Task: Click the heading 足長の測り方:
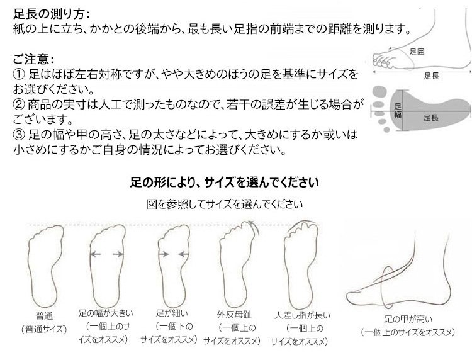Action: [x=52, y=14]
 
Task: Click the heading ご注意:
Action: [x=33, y=59]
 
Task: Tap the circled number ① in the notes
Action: [x=19, y=74]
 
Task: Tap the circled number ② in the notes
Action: [x=19, y=104]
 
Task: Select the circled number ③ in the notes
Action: [x=19, y=135]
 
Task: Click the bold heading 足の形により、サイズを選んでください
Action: [x=224, y=182]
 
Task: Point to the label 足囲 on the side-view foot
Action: [x=417, y=52]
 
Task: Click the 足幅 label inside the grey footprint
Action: [x=398, y=110]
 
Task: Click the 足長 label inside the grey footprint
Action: [x=430, y=118]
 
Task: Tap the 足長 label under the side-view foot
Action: [x=432, y=76]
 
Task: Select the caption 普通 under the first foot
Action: [x=44, y=316]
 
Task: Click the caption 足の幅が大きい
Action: [x=106, y=313]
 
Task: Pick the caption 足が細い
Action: [x=172, y=313]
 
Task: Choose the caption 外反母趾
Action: [x=234, y=315]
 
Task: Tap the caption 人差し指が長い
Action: [x=303, y=315]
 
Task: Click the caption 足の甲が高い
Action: [x=408, y=319]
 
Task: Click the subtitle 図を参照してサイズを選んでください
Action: [x=224, y=204]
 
